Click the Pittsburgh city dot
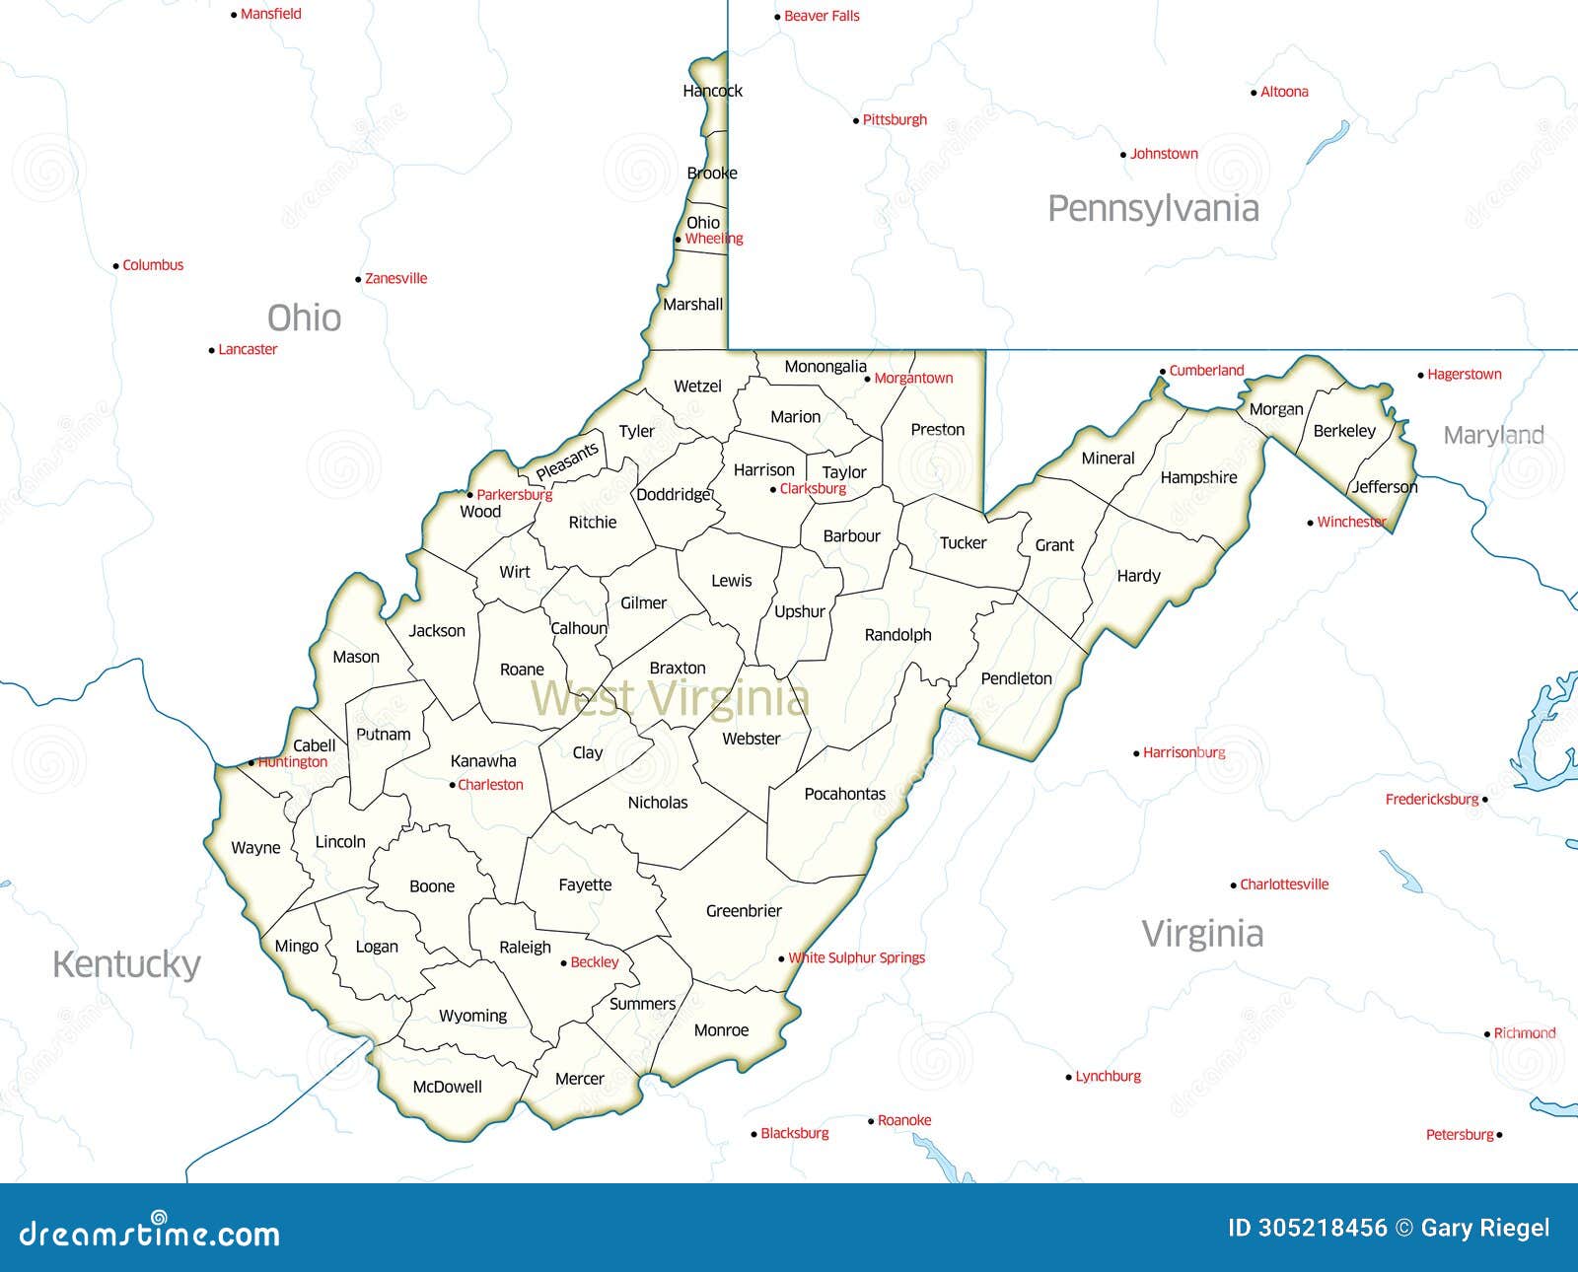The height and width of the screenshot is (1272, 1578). click(856, 121)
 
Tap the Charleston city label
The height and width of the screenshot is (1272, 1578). click(490, 785)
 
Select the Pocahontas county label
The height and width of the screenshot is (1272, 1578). click(844, 794)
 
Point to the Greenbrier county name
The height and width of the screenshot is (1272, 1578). click(744, 911)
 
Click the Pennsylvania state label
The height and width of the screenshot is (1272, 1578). click(1153, 208)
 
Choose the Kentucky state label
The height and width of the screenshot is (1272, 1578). click(126, 963)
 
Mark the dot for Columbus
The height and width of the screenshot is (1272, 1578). click(115, 266)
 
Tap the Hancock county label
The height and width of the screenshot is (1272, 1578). click(712, 91)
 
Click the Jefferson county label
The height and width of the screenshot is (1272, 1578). click(1384, 486)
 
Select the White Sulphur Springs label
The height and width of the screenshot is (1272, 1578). click(856, 957)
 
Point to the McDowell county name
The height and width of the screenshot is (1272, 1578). click(447, 1087)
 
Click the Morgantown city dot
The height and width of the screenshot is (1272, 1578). click(868, 379)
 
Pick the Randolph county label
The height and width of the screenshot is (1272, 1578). click(897, 635)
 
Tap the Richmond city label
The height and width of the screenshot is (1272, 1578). click(1524, 1033)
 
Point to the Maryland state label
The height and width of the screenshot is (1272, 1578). click(1493, 435)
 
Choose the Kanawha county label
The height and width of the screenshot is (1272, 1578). click(483, 760)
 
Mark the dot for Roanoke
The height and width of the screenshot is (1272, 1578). click(871, 1121)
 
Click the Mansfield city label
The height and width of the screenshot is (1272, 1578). click(271, 14)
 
